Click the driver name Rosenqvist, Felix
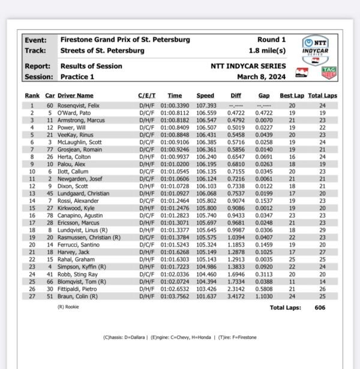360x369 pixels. pyautogui.click(x=78, y=106)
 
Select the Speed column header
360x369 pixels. pyautogui.click(x=205, y=95)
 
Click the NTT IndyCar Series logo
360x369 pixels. pyautogui.click(x=313, y=49)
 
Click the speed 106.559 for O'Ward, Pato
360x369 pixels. pyautogui.click(x=205, y=112)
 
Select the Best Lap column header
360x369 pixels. pyautogui.click(x=291, y=95)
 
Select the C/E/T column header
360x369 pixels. pyautogui.click(x=146, y=95)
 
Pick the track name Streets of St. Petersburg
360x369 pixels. pyautogui.click(x=102, y=51)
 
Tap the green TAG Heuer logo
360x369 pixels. pyautogui.click(x=328, y=73)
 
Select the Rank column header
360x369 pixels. pyautogui.click(x=32, y=95)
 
